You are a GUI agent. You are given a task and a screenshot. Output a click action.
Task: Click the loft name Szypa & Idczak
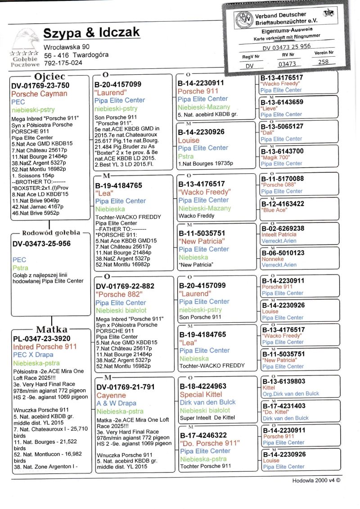(91, 33)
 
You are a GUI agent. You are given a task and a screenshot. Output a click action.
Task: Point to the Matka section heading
(52, 329)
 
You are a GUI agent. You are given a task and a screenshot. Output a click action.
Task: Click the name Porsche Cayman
(39, 94)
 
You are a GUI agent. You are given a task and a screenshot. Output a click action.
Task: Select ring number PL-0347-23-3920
(41, 338)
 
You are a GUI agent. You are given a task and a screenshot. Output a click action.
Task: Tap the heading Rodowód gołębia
(50, 233)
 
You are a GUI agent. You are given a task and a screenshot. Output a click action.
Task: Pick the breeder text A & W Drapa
(116, 404)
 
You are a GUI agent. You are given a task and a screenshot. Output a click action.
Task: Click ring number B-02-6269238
(283, 229)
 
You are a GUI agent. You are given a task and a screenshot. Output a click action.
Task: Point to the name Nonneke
(272, 259)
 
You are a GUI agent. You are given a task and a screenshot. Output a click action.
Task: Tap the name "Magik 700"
(275, 158)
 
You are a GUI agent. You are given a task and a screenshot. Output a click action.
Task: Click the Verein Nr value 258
(323, 63)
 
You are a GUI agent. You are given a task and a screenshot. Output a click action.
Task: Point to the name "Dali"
(269, 133)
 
